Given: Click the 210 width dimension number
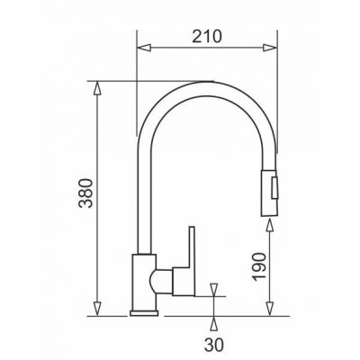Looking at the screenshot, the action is tap(207, 36).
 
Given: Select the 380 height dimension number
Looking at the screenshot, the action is tap(85, 193).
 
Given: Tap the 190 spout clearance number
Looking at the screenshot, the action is tap(259, 266).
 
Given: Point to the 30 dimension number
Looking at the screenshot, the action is tap(214, 345).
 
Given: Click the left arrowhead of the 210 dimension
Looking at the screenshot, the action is tap(143, 48).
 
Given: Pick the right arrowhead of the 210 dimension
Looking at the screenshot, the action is tap(270, 48).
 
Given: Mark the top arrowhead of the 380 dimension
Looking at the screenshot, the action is tap(97, 88).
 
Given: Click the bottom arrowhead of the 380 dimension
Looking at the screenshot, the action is tap(97, 309).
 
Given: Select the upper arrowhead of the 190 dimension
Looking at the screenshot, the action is tap(270, 226).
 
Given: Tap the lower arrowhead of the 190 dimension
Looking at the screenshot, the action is tap(270, 309).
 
